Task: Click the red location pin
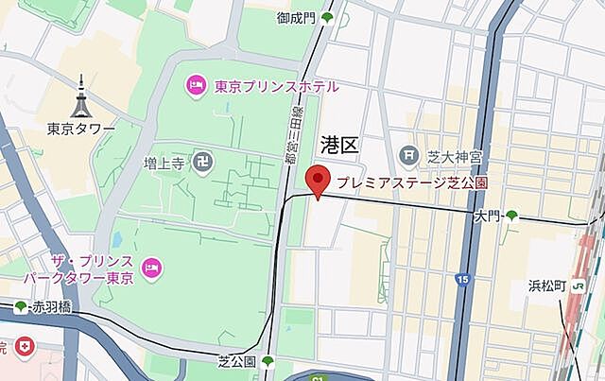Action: click(319, 180)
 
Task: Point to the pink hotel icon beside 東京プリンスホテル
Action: click(196, 86)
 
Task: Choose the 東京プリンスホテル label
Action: click(276, 86)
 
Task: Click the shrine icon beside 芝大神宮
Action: click(408, 153)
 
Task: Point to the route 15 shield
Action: click(461, 279)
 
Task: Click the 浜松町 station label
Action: click(547, 286)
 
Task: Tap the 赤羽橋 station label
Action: click(50, 306)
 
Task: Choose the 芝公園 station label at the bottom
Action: click(236, 362)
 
